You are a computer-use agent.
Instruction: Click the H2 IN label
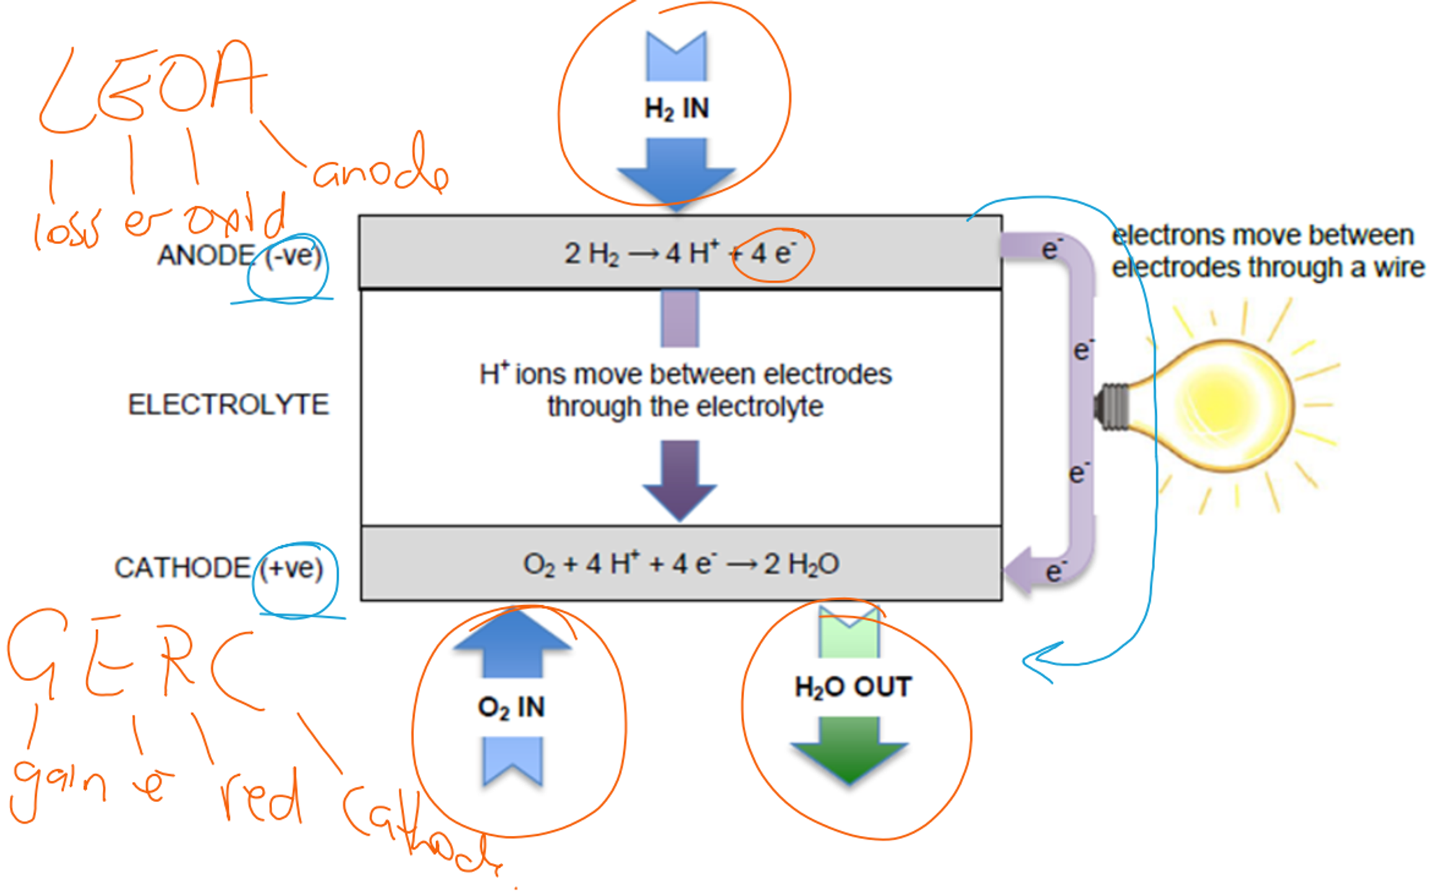[676, 109]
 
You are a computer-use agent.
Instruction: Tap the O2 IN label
[511, 707]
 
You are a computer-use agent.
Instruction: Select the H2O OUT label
[853, 687]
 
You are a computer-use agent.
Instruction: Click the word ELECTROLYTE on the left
[228, 404]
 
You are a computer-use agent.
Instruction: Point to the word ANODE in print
[206, 256]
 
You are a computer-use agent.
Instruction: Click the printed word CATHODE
[183, 568]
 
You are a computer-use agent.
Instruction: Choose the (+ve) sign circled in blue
[291, 568]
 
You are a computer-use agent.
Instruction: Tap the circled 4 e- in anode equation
[773, 253]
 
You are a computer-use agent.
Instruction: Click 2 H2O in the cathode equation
[802, 564]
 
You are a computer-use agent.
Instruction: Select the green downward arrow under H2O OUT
[849, 749]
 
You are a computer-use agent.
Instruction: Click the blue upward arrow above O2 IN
[512, 643]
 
